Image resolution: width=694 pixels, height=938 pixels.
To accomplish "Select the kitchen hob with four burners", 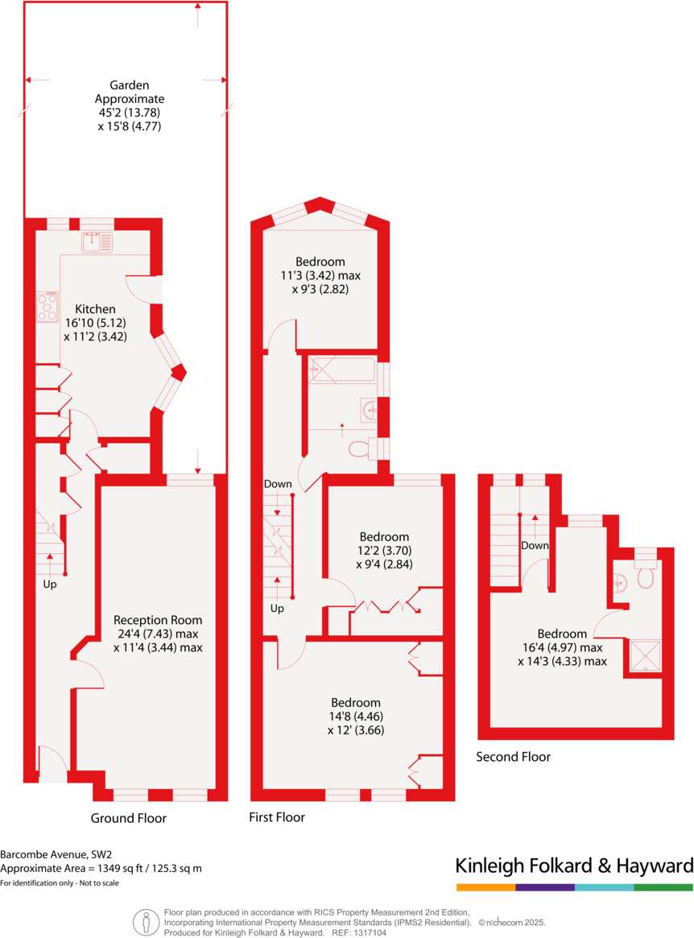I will pyautogui.click(x=48, y=307).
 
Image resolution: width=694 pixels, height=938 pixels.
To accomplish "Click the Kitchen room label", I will pyautogui.click(x=95, y=309).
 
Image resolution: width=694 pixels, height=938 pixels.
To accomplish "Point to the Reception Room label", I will pyautogui.click(x=158, y=620).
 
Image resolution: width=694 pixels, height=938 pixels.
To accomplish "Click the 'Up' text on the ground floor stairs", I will pyautogui.click(x=50, y=585).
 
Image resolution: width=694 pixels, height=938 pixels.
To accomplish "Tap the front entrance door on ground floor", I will pyautogui.click(x=52, y=764).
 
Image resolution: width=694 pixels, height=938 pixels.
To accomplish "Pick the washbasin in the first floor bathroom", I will pyautogui.click(x=370, y=410).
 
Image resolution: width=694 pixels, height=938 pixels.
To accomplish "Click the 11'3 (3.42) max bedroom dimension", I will pyautogui.click(x=320, y=275).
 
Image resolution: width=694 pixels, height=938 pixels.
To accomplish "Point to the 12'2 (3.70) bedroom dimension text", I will pyautogui.click(x=384, y=551).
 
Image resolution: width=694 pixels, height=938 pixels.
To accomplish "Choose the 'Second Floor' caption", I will pyautogui.click(x=513, y=757).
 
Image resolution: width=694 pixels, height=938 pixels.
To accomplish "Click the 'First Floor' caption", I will pyautogui.click(x=277, y=817).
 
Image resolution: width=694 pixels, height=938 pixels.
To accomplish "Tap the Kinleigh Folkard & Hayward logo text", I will pyautogui.click(x=573, y=866).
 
